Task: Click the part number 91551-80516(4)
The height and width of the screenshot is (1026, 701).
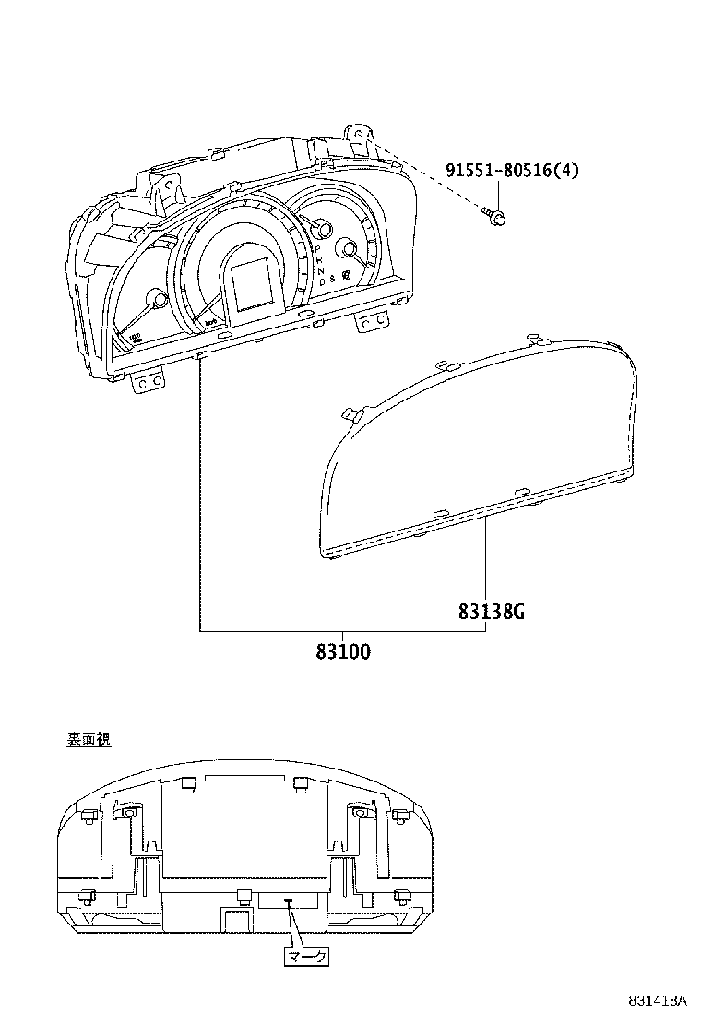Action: coord(513,171)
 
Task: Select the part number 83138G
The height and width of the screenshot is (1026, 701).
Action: coord(492,611)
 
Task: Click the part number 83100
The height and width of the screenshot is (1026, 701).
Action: coord(343,651)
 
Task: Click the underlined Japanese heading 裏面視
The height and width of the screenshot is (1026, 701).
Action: coord(89,739)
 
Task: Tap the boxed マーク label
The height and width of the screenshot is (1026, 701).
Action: coord(306,957)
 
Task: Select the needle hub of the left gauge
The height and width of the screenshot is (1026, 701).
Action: coord(158,301)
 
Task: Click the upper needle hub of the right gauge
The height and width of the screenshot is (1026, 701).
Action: coord(321,229)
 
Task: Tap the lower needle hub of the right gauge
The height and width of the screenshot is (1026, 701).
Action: coord(348,248)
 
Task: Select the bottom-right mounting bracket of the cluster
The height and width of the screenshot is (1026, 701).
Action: coord(373,318)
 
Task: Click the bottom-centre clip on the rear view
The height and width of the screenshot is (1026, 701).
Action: coord(244,895)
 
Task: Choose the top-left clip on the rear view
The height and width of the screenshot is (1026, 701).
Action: coord(188,784)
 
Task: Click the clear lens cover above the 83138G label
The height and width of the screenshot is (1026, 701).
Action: coord(480,443)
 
